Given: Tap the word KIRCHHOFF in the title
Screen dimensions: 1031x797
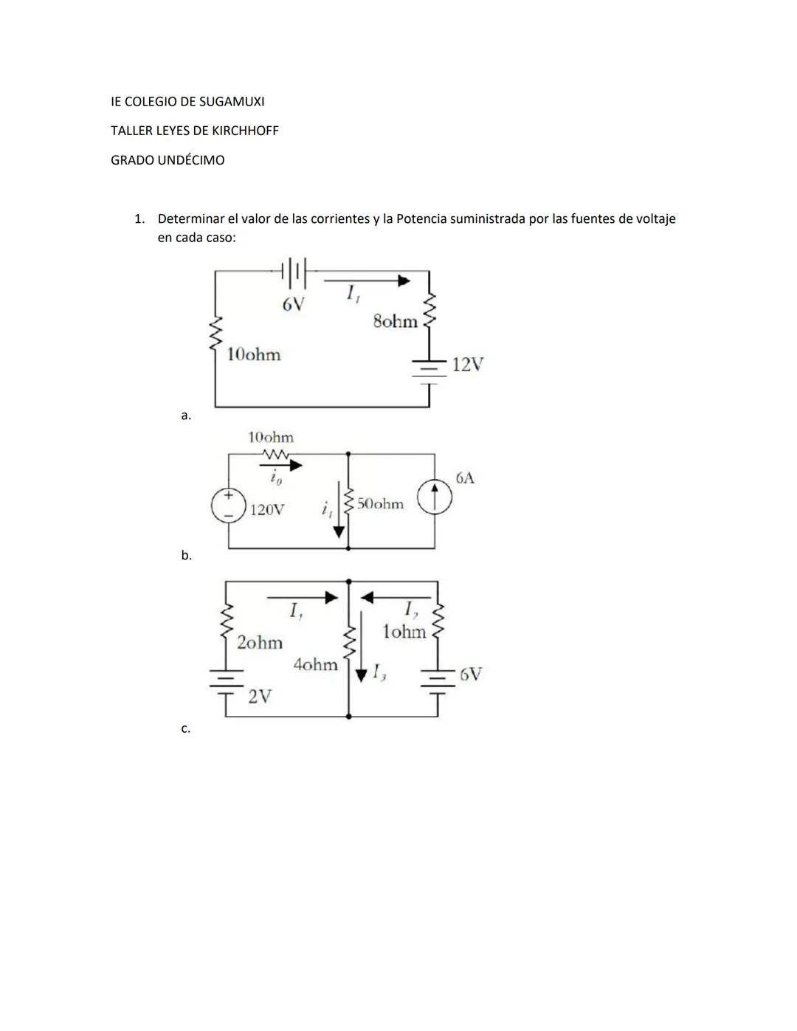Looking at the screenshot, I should click(245, 131).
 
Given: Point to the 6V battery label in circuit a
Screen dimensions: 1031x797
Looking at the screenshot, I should click(292, 304).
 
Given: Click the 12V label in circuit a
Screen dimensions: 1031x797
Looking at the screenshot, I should click(467, 364).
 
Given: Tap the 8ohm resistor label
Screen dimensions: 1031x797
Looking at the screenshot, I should click(395, 321).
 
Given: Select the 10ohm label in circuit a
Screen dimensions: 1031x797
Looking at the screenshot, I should click(254, 354).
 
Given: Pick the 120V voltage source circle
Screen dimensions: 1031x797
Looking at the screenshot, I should click(229, 506).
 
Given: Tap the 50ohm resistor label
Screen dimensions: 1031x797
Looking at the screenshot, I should click(380, 504).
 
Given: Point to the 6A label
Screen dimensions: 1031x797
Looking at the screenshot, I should click(465, 477).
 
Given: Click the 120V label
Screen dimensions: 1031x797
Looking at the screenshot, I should click(266, 509).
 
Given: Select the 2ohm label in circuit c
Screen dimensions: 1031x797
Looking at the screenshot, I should click(260, 642).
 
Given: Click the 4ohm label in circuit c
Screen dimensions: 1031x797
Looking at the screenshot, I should click(315, 664).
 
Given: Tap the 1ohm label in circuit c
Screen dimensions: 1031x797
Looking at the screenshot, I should click(404, 632).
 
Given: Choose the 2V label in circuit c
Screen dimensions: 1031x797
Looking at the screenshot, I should click(259, 696).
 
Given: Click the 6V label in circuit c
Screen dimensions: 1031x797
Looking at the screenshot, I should click(471, 674).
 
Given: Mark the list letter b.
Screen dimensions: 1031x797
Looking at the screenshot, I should click(186, 556).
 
